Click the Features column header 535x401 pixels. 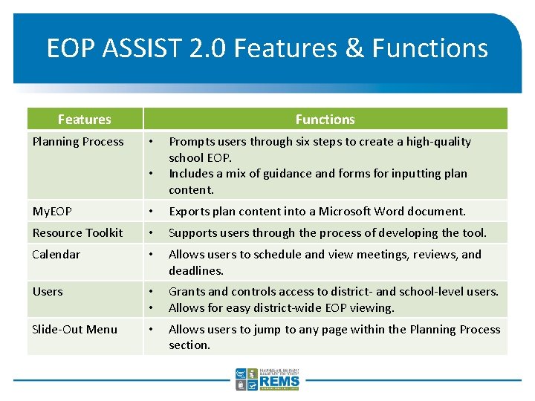coord(84,120)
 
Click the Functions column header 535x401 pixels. coord(325,120)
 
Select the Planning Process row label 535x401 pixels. coord(78,142)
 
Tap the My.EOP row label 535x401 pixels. coord(52,212)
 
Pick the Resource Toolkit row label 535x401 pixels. coord(77,233)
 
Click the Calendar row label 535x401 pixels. coord(56,255)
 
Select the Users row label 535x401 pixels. coord(48,292)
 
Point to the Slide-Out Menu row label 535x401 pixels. coord(74,330)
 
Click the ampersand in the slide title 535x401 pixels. coord(351,48)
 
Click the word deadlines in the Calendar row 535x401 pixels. coord(196,271)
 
